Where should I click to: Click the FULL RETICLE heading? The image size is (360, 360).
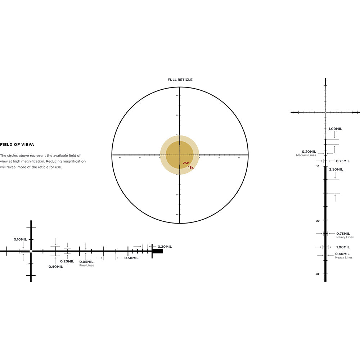[x=180, y=80]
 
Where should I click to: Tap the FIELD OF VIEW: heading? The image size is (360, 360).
[x=17, y=144]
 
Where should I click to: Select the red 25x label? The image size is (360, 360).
[x=185, y=163]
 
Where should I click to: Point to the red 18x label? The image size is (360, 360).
[x=191, y=167]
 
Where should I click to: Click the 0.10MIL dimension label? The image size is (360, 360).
[x=20, y=239]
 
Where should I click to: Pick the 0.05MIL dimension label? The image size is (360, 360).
[x=86, y=262]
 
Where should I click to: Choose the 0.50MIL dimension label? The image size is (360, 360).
[x=131, y=258]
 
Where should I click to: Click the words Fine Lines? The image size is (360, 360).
[x=86, y=266]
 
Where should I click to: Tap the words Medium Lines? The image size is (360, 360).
[x=306, y=155]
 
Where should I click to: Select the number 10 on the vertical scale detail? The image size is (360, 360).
[x=318, y=166]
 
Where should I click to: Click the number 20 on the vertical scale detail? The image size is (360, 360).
[x=318, y=221]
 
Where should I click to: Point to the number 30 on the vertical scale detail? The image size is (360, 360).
[x=318, y=274]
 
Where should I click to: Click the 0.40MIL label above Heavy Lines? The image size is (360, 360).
[x=343, y=254]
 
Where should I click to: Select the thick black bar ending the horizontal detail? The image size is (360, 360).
[x=158, y=251]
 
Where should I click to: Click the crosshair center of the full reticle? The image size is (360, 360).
[x=180, y=155]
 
